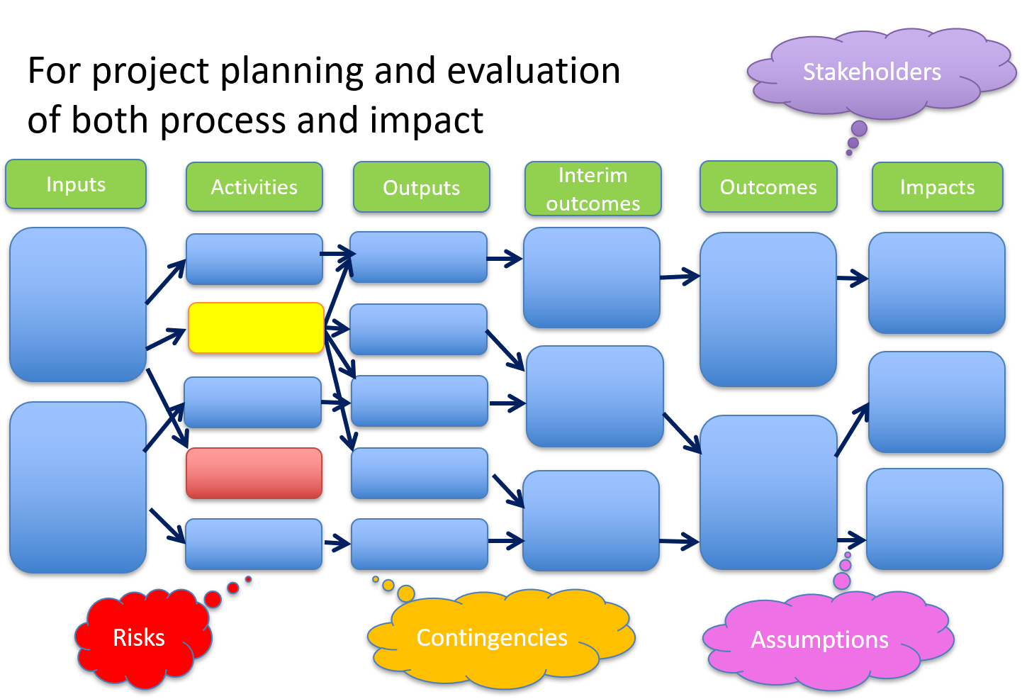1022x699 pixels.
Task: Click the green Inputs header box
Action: pos(76,184)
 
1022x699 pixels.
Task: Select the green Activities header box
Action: pos(254,186)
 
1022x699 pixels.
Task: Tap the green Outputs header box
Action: pos(422,187)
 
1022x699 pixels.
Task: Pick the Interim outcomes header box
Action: pos(593,189)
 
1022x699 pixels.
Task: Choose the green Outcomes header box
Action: pos(768,186)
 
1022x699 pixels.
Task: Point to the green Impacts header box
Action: pos(938,186)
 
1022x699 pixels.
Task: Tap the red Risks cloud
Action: pos(142,638)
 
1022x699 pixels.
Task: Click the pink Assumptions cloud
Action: pos(826,639)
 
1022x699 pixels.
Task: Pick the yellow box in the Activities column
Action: pos(256,328)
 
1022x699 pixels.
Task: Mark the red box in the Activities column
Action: pos(254,473)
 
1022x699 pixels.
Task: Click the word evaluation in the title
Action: pos(534,71)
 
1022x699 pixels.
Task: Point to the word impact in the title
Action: pos(426,121)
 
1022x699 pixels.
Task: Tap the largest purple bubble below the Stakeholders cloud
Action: pos(859,128)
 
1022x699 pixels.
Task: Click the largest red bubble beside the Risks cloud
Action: pos(213,599)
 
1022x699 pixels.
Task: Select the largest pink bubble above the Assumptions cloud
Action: pos(842,581)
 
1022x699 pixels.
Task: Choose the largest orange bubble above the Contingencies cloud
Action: pos(406,593)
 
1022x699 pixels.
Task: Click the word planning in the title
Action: pos(292,72)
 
